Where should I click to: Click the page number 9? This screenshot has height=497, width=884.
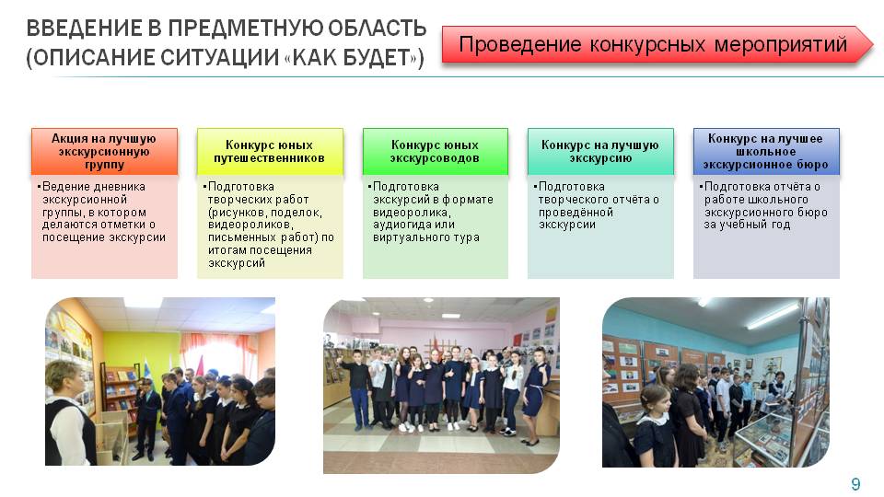(855, 483)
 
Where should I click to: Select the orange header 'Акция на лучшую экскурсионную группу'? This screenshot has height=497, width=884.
(104, 151)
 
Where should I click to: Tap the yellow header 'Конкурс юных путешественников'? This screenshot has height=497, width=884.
(270, 151)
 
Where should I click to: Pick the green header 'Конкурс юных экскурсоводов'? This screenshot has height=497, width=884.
(435, 151)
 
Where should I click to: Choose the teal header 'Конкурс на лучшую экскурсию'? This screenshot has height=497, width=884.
(600, 151)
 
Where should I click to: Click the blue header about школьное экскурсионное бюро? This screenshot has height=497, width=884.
(766, 151)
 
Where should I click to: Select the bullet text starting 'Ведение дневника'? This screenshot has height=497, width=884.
(101, 212)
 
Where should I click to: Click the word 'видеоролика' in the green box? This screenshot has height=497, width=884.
(411, 213)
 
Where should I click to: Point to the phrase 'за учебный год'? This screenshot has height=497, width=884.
(747, 225)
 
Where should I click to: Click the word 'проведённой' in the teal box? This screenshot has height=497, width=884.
(575, 213)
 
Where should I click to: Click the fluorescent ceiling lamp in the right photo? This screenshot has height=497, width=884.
(772, 316)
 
